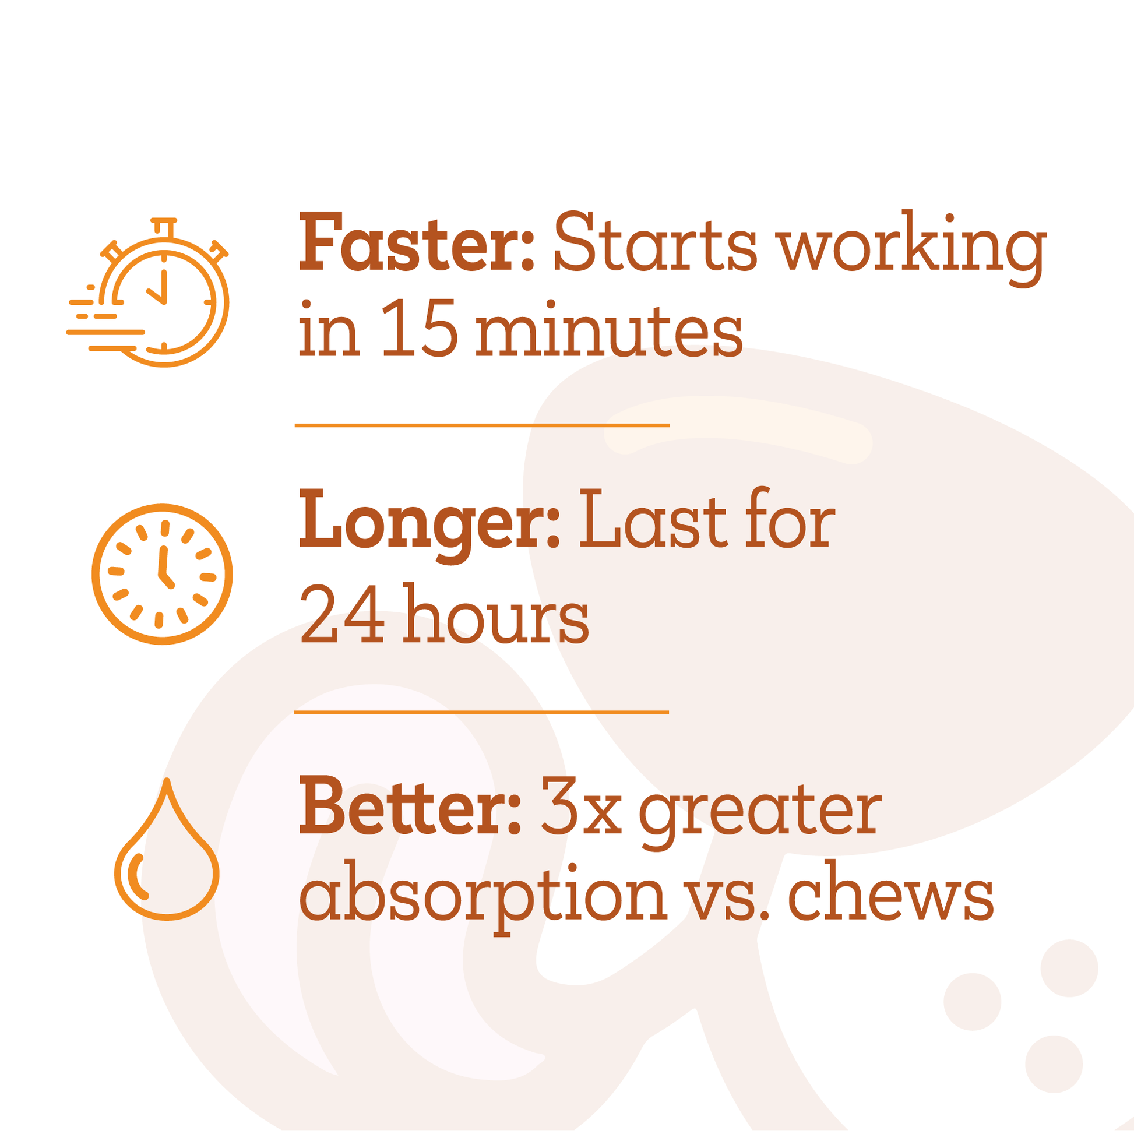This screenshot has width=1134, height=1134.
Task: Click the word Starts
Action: tap(655, 243)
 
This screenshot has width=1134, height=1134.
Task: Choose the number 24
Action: tap(342, 614)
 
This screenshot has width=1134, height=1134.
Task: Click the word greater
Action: tap(760, 813)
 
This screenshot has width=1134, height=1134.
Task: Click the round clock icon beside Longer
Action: tap(162, 574)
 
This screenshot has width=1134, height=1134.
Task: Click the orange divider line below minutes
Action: tap(482, 425)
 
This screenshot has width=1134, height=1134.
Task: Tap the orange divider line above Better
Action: tap(481, 712)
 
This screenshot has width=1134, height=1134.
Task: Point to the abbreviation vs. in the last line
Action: tap(727, 897)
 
